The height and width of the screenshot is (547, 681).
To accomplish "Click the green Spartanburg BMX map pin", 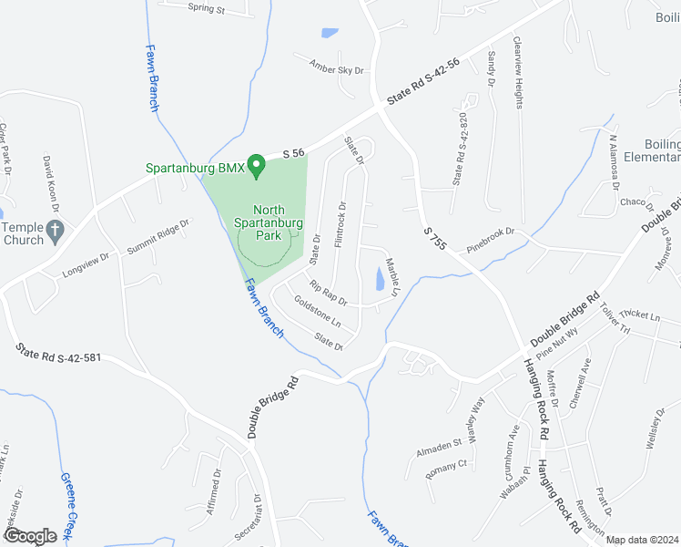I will point(257,165).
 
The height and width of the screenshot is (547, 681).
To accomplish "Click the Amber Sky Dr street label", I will point(336,68).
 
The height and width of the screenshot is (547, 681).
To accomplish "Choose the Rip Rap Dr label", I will point(329,293).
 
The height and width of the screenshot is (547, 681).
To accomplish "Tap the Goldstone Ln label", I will point(317,315).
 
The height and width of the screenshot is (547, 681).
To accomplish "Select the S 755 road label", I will point(436,241).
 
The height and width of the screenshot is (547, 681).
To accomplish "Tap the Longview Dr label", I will point(86,264).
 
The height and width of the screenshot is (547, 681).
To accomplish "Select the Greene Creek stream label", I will point(67,506).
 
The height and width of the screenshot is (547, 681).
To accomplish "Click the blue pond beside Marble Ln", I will point(380,277).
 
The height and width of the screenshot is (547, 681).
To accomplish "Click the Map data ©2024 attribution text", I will point(642,540).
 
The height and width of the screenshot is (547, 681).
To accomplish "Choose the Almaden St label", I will point(440,444).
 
